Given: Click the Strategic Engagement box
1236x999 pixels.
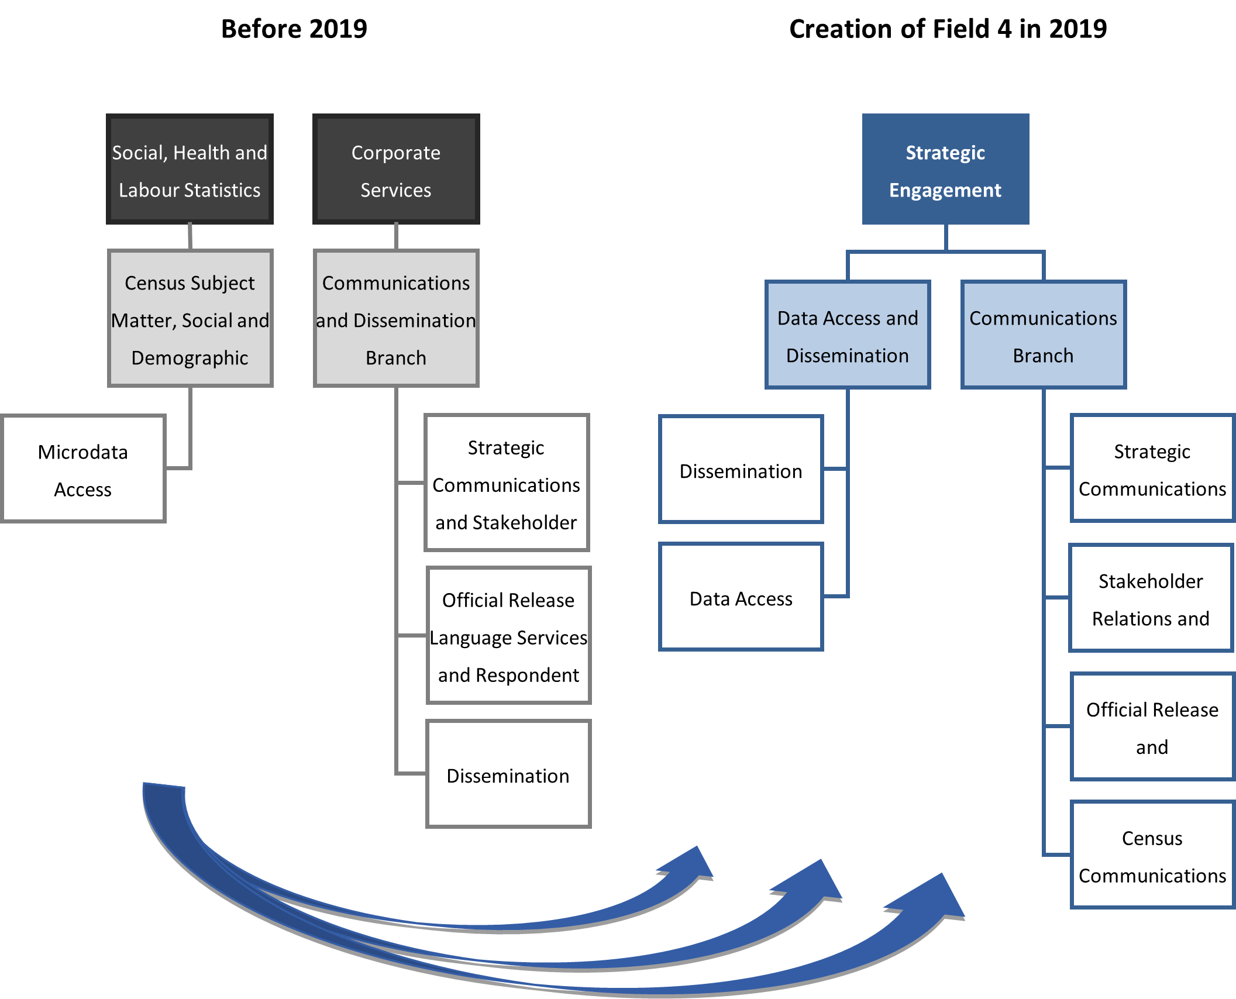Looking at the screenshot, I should tap(945, 170).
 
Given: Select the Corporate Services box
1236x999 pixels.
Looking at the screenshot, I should tap(396, 170).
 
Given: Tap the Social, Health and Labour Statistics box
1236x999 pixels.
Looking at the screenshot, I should tap(190, 170).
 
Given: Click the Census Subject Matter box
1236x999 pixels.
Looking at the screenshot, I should tap(190, 319).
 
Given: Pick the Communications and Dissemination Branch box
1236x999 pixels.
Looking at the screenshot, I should tap(396, 319).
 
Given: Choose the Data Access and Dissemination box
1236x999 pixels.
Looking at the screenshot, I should tap(848, 335).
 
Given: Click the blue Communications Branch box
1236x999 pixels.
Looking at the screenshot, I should tap(1043, 335).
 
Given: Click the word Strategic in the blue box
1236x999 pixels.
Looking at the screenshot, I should tap(945, 153).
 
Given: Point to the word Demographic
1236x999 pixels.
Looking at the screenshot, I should tap(190, 358).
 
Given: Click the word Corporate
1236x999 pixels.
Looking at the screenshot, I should tap(396, 153).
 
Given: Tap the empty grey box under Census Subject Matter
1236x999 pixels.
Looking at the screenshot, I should tap(84, 468).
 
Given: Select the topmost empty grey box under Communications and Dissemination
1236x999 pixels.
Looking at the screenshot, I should tap(507, 483).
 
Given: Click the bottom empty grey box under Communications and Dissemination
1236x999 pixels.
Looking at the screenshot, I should tap(508, 773).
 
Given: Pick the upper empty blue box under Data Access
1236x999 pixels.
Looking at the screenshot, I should tap(741, 469).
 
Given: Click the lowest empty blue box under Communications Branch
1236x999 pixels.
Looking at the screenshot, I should tap(1152, 855).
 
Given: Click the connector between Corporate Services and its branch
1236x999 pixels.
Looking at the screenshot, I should tap(396, 236).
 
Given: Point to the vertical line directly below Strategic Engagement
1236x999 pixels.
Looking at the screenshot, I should tap(946, 237).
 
